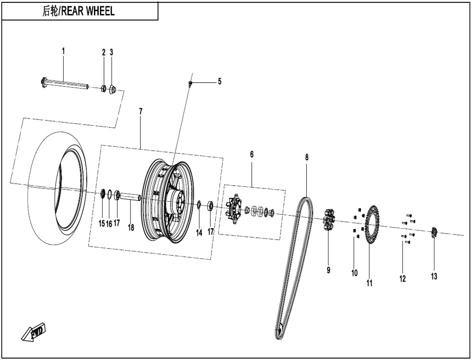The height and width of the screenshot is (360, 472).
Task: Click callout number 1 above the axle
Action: (63, 51)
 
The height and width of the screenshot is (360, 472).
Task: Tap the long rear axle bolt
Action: (65, 84)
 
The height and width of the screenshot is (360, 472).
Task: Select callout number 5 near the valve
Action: (220, 81)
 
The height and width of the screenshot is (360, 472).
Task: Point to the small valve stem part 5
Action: (191, 84)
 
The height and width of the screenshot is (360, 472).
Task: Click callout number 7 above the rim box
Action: (141, 111)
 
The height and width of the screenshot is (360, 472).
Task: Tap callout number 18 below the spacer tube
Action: (131, 228)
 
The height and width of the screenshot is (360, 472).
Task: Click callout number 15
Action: (102, 223)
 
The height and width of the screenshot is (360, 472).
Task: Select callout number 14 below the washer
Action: (199, 232)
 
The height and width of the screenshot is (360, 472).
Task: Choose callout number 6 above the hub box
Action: (251, 154)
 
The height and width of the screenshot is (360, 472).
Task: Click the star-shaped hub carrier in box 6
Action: (234, 207)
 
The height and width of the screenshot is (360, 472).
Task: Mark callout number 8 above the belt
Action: (307, 157)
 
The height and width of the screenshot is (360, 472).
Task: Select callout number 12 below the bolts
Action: (403, 278)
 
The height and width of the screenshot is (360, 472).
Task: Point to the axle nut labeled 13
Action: (433, 232)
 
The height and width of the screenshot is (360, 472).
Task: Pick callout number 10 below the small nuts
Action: (354, 273)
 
